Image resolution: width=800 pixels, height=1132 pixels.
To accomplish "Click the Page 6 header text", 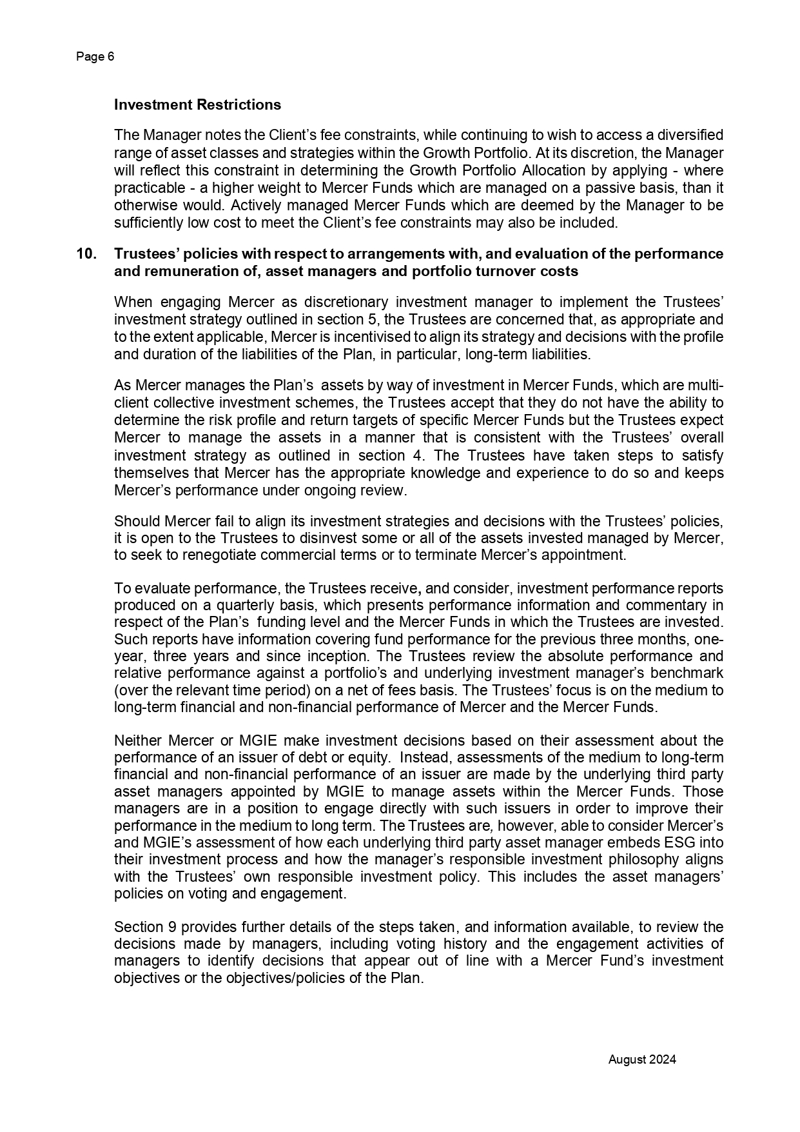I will click(95, 57).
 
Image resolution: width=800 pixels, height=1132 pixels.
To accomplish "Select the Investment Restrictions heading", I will click(197, 104).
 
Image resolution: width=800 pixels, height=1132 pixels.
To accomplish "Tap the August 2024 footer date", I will click(642, 1059).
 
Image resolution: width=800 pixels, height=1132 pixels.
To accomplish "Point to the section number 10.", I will click(86, 254).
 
